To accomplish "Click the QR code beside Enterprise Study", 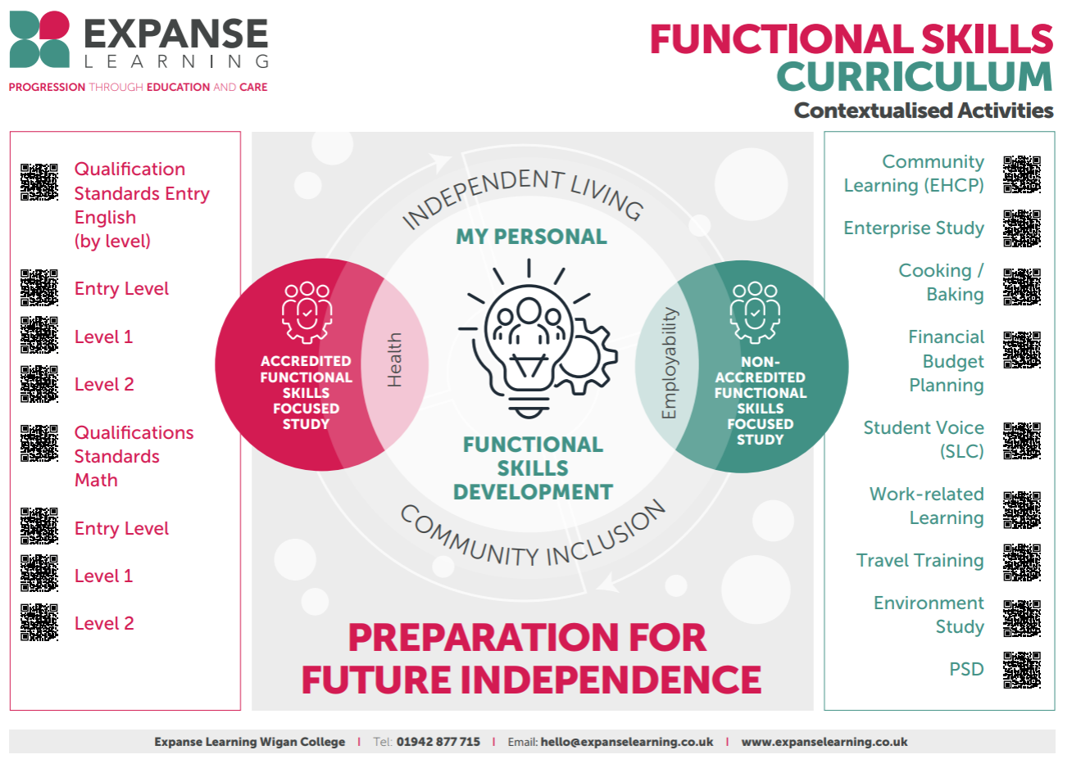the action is click(1022, 228).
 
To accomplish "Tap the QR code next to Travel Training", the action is click(1022, 562).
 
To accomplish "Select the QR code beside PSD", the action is click(1022, 670).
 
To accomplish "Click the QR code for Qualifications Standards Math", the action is click(39, 443).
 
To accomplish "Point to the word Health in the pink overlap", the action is click(394, 359).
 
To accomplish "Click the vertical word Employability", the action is click(669, 363).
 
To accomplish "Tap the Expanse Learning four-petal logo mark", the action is click(39, 39).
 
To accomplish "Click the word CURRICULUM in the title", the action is click(915, 76).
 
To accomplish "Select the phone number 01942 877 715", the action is click(438, 741).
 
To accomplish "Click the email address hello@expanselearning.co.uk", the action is click(626, 742).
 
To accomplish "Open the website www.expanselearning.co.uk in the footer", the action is click(824, 742).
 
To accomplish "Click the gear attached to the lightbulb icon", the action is click(586, 356).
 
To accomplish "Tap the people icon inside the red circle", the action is click(307, 313).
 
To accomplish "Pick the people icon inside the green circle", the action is click(755, 313).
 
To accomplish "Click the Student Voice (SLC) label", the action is click(924, 439).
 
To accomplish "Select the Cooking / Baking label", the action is click(941, 282).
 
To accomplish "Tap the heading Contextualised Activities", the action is click(924, 111).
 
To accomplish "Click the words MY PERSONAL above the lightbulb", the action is click(531, 237).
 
